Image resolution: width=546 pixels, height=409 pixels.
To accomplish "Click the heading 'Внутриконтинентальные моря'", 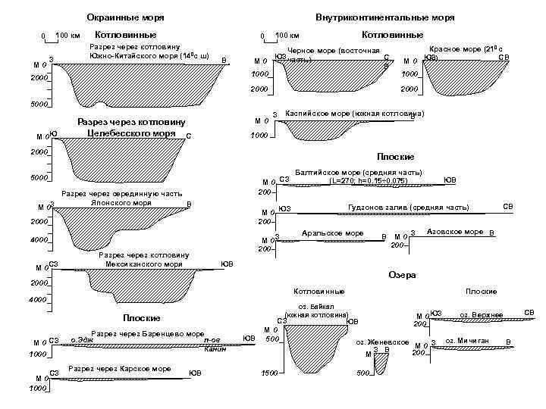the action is [386, 17].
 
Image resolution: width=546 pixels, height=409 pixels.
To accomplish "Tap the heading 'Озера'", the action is [401, 275].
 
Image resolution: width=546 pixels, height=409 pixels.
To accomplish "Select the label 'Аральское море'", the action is [332, 233].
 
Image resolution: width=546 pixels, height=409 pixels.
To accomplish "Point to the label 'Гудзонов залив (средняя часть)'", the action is [408, 208].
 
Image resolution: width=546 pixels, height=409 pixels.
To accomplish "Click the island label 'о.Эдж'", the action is [81, 340].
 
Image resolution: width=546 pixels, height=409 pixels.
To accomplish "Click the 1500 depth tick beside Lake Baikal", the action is [267, 373].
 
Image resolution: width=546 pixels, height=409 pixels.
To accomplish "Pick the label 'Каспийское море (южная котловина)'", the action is [353, 114].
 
